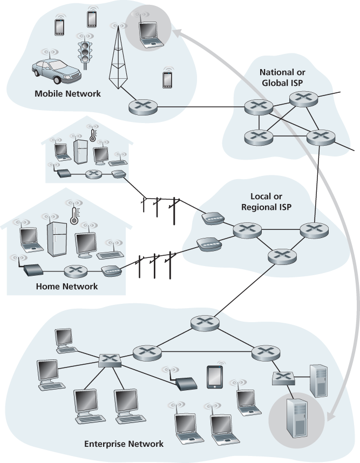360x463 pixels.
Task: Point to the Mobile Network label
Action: point(67,93)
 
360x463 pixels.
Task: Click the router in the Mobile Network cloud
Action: point(142,106)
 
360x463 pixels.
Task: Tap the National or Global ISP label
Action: point(281,78)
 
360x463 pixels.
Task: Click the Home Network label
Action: point(66,286)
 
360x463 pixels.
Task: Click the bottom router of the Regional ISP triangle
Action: point(279,255)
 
